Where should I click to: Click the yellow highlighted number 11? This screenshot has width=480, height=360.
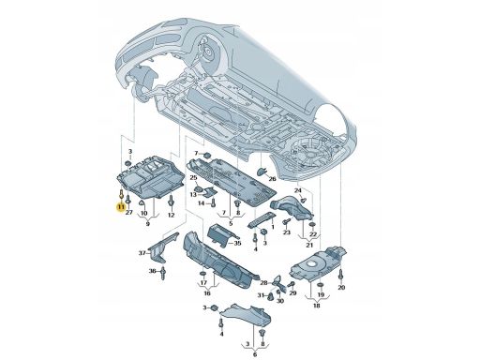point(120,207)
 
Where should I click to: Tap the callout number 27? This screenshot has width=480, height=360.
point(129,213)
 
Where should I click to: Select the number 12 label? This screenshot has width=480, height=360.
point(171,215)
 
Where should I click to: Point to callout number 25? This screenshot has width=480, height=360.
point(194,178)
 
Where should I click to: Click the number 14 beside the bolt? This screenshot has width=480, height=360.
point(202,203)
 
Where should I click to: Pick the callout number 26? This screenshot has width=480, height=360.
point(272,179)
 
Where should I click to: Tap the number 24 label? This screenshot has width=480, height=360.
point(298,190)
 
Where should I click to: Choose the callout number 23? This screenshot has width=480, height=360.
point(287,232)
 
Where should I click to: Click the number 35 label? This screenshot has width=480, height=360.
point(237,243)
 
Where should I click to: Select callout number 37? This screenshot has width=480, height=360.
point(142,253)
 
